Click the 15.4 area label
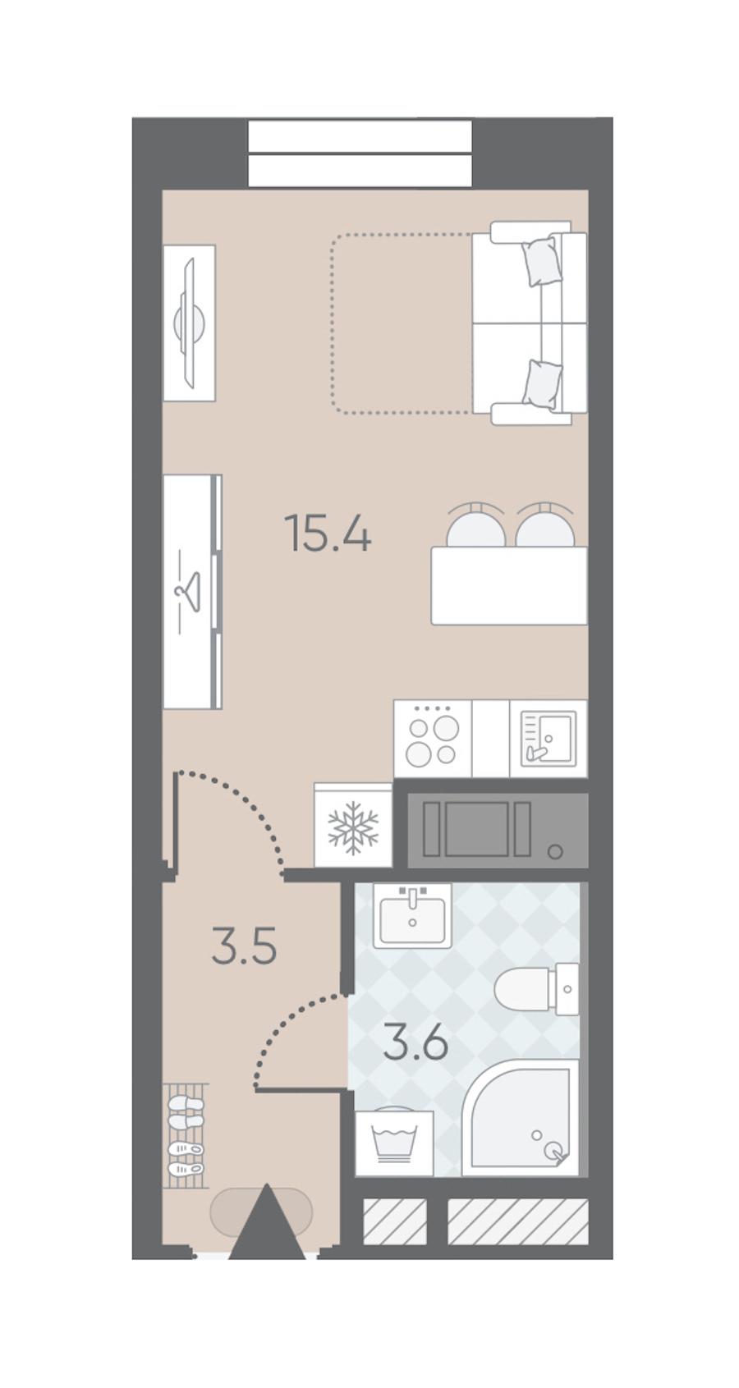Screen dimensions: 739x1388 click(x=328, y=532)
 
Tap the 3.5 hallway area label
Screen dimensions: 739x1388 click(x=244, y=946)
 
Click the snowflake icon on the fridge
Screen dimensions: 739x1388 click(x=353, y=828)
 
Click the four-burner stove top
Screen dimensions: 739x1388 click(x=433, y=739)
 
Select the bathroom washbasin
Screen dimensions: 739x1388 click(x=412, y=916)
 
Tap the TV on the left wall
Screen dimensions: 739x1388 click(x=190, y=323)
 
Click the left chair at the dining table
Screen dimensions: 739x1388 click(x=475, y=525)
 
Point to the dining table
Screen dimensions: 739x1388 click(x=509, y=585)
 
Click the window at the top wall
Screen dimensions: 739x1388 click(x=360, y=153)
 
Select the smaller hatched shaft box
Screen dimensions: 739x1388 click(x=395, y=1221)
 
